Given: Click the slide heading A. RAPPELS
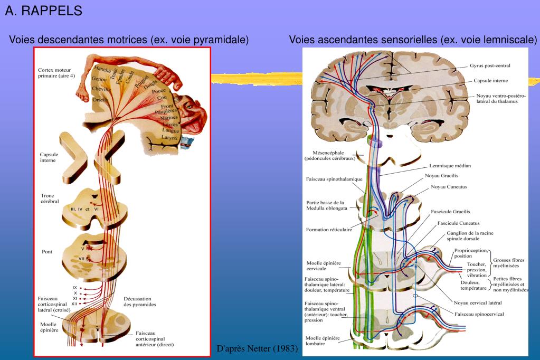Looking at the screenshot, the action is (x=43, y=11).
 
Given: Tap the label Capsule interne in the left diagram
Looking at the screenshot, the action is (x=49, y=157).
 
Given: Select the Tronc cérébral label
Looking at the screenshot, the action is (x=51, y=198).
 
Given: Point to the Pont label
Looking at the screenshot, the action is (x=46, y=252).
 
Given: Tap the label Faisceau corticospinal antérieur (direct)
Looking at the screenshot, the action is (x=154, y=339).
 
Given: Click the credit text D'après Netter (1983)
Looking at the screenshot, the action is (x=258, y=349).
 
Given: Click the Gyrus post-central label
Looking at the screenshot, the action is (x=489, y=66).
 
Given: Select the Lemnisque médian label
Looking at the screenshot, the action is (x=450, y=166).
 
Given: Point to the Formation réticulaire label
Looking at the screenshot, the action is (x=329, y=230).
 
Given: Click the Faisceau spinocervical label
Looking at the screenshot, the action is (x=479, y=314).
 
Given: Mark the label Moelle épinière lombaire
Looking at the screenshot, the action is (x=323, y=340).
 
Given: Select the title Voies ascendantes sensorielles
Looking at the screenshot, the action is (x=413, y=40).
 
